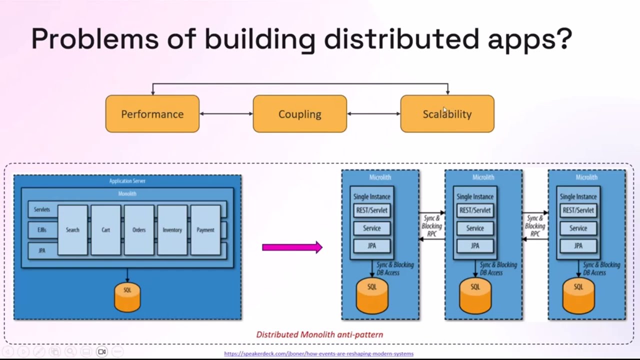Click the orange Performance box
click(152, 114)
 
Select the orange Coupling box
click(299, 114)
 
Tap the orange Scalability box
click(447, 114)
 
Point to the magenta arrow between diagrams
click(292, 247)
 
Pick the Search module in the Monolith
click(72, 230)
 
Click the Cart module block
click(105, 230)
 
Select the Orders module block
click(139, 230)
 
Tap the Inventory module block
click(172, 230)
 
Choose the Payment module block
click(205, 230)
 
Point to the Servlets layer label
click(42, 209)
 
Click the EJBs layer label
click(42, 230)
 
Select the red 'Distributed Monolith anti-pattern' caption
click(319, 334)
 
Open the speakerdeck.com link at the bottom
click(318, 353)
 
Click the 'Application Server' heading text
click(127, 181)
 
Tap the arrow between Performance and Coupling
click(226, 114)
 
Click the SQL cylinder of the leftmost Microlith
click(372, 296)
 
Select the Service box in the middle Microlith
click(475, 228)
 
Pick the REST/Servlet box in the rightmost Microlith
click(578, 210)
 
